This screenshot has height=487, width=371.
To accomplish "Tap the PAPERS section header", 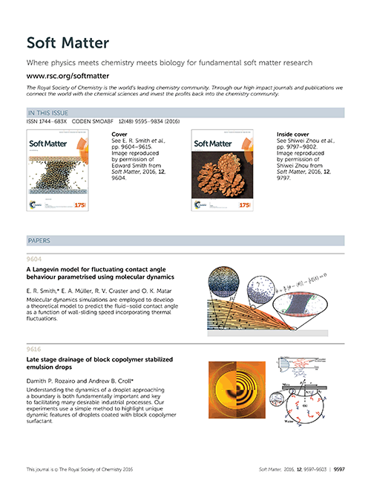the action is click(39, 242).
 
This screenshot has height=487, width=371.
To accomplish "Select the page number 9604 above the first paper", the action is click(34, 259).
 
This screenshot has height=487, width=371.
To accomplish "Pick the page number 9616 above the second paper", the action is click(34, 349).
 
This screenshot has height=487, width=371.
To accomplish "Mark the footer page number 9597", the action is click(338, 470).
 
